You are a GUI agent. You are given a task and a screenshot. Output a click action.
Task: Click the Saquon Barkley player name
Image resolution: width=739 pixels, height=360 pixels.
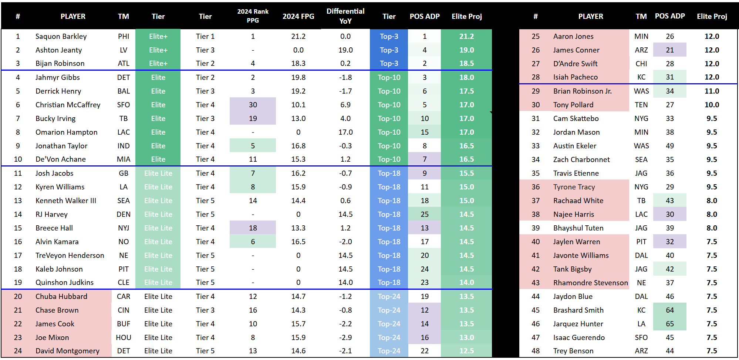[61, 36]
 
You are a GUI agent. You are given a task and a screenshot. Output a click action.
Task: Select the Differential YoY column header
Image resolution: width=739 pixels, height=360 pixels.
[345, 16]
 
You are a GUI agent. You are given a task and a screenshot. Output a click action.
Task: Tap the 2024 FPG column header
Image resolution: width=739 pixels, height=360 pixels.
[298, 16]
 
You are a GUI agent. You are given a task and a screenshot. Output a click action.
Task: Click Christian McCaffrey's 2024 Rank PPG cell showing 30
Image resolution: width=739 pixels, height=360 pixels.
[253, 105]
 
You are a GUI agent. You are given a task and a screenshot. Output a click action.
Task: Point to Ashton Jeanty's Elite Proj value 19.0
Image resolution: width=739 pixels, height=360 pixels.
[466, 50]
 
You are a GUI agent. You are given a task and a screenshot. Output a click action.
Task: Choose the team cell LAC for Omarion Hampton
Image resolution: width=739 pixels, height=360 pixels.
[124, 132]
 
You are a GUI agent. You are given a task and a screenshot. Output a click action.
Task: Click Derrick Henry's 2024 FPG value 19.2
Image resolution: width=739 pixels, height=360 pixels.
[298, 91]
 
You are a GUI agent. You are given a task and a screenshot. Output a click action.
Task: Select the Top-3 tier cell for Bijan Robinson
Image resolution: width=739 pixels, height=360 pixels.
[389, 63]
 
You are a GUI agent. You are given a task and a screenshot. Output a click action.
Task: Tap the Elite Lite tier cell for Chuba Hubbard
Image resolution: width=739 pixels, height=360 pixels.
[158, 296]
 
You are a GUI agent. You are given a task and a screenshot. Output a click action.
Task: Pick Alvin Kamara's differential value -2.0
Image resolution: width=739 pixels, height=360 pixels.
[345, 242]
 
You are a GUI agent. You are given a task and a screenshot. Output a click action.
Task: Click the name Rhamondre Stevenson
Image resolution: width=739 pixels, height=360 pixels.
[590, 283]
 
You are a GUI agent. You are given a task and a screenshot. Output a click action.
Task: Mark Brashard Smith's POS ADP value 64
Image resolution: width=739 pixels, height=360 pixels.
[669, 310]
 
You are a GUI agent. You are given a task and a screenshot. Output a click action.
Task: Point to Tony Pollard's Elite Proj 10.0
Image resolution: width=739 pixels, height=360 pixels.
[712, 105]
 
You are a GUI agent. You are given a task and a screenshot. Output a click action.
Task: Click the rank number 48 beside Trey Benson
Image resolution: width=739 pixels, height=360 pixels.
[535, 351]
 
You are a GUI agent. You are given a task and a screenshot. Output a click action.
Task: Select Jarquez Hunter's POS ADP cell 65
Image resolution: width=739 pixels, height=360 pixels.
[669, 324]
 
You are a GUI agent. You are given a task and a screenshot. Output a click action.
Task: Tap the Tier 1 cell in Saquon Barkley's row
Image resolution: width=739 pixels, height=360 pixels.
[205, 36]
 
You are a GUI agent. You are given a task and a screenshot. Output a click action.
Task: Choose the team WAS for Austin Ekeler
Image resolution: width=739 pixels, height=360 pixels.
[641, 146]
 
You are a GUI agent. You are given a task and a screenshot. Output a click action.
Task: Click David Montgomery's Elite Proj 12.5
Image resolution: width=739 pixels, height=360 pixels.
[466, 351]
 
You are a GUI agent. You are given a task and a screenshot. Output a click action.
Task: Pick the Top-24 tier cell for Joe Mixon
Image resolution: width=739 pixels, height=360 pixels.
[389, 337]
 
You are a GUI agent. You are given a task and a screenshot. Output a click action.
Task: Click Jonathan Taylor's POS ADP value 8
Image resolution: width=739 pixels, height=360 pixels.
[424, 146]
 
